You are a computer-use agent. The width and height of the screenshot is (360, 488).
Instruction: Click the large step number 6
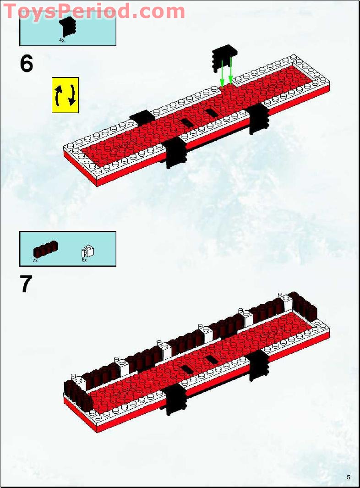[x=27, y=64]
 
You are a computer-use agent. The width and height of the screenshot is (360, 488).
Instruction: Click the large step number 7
[x=26, y=284]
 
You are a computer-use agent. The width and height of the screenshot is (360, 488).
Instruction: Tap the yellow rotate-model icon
[x=65, y=95]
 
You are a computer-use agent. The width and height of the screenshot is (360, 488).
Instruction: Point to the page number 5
[x=349, y=477]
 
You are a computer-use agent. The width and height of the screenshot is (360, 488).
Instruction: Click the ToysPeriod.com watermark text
[x=94, y=11]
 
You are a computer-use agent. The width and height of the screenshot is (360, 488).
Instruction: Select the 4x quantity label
[x=62, y=40]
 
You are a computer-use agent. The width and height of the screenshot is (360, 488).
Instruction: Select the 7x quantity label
[x=35, y=260]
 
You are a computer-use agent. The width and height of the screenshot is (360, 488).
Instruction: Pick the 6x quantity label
[x=84, y=260]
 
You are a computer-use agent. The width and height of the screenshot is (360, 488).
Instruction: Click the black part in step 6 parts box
[x=68, y=27]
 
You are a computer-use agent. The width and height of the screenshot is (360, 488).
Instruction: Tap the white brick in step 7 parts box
[x=87, y=251]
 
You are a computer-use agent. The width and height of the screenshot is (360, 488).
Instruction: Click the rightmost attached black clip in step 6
[x=258, y=118]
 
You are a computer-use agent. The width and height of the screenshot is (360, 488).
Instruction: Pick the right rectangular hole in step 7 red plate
[x=211, y=359]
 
